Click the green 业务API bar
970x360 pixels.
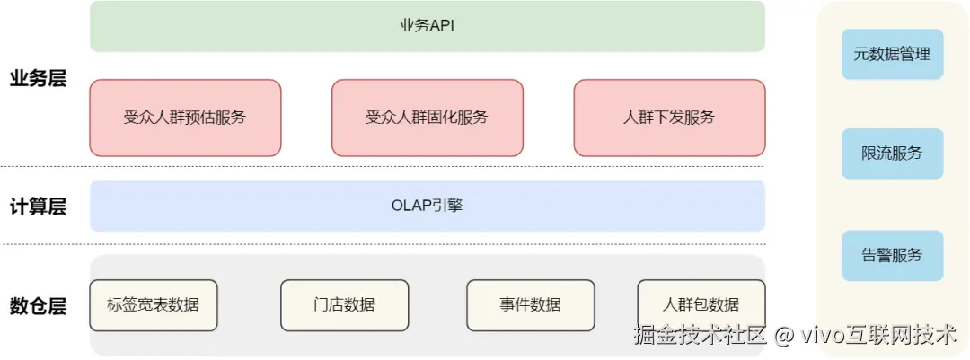[428, 26]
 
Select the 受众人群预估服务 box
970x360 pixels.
[185, 118]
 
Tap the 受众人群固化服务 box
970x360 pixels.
[428, 118]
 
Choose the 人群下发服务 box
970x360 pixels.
[669, 118]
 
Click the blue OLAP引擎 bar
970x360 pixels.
[428, 206]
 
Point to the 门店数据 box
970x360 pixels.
[344, 304]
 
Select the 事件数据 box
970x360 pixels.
[530, 304]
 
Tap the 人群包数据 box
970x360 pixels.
[701, 304]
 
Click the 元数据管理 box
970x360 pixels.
[892, 54]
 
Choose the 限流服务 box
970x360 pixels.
[892, 154]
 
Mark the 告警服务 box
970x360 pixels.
[892, 255]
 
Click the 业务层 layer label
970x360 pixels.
[38, 78]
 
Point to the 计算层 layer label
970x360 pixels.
[38, 206]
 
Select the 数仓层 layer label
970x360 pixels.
[38, 306]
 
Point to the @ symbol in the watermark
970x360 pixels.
[783, 337]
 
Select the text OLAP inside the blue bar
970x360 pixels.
[412, 206]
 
